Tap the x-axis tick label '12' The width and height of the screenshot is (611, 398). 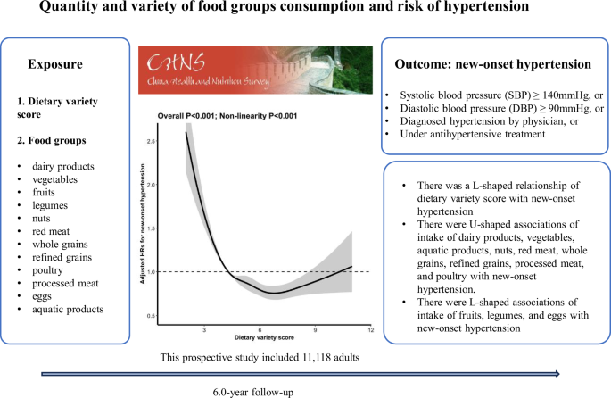click(x=369, y=330)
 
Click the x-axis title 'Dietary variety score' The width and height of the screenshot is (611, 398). click(x=260, y=340)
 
